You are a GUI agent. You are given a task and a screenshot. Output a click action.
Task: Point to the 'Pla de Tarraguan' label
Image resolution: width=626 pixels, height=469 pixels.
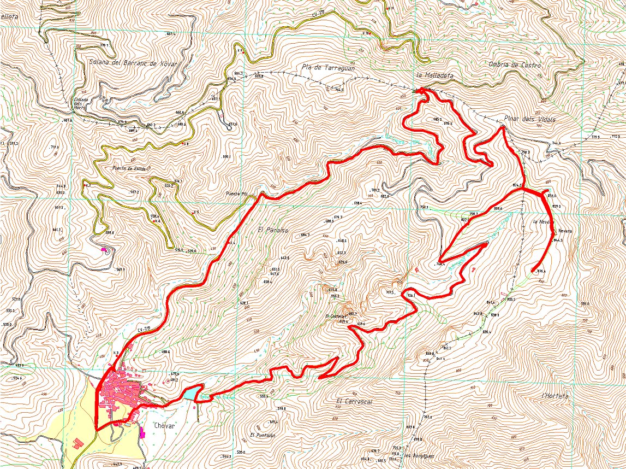(327, 68)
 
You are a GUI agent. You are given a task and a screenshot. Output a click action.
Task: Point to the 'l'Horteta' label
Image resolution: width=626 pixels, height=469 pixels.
(555, 396)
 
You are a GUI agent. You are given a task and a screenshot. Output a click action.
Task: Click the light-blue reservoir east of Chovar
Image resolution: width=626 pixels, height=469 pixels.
(188, 394)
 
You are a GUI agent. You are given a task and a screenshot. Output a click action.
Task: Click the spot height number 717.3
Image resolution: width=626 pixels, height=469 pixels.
(390, 292)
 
